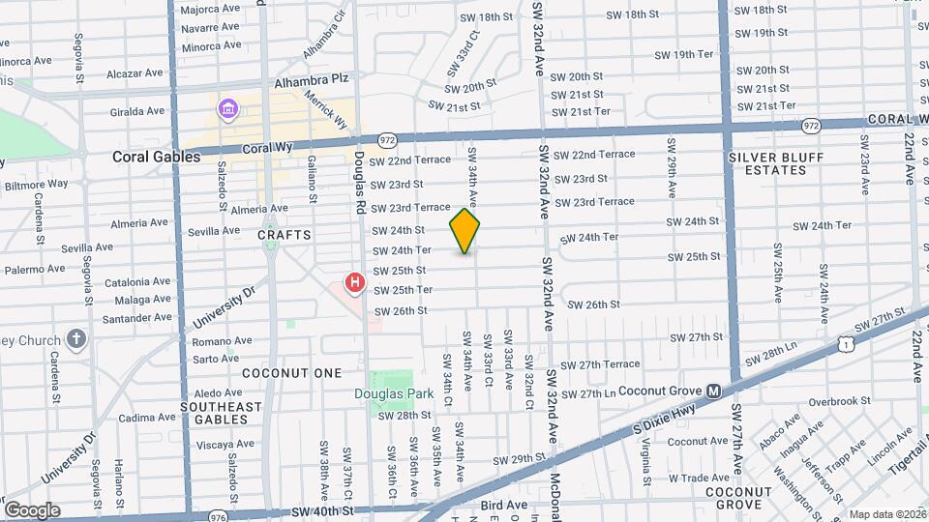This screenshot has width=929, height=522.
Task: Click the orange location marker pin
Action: (x=464, y=231)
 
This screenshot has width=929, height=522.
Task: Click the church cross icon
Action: (x=76, y=339)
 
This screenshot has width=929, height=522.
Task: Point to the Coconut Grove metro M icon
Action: (x=713, y=391)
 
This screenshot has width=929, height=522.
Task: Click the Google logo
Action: (x=31, y=510)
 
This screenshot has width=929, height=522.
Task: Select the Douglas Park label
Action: (x=393, y=394)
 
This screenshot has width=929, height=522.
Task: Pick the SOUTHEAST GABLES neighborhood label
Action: (x=221, y=413)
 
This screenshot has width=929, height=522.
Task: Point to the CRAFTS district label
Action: (x=285, y=235)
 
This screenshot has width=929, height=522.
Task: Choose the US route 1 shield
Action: (x=848, y=342)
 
